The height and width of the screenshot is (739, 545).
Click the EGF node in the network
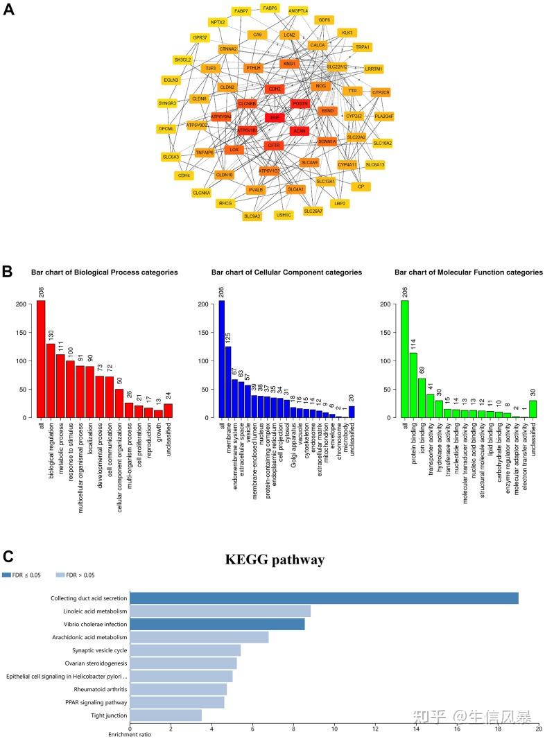pos(275,118)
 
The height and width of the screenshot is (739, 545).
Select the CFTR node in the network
pos(274,146)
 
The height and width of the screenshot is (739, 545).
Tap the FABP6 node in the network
pos(269,8)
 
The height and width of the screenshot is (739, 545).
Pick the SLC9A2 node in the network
pos(252,216)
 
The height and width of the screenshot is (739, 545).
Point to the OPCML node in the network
pos(166,129)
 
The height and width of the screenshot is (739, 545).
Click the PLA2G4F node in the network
pos(384,116)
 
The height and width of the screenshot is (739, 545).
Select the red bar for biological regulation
pos(51,381)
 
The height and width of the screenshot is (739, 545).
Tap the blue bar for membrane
pos(228,382)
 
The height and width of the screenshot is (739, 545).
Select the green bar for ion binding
pos(422,398)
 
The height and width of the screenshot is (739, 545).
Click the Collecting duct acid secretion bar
pos(324,598)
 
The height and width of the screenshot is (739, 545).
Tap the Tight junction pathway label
pos(107,715)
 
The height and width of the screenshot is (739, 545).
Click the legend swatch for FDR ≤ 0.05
pos(7,575)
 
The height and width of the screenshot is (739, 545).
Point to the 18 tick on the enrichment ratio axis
pos(498,729)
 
